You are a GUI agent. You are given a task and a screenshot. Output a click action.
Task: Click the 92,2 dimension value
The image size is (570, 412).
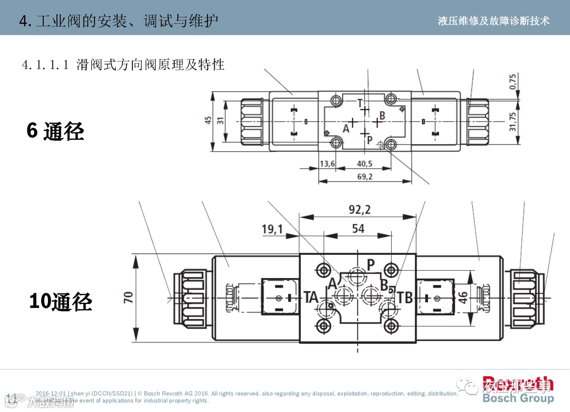pos(359,209)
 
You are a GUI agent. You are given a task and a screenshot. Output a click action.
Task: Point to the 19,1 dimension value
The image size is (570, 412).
pos(272,229)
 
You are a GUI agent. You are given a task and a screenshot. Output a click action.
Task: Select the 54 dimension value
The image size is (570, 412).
pos(358,228)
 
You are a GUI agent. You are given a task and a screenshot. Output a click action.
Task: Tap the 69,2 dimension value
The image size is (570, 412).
pos(365,177)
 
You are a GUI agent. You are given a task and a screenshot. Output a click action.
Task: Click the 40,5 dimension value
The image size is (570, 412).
pos(365,164)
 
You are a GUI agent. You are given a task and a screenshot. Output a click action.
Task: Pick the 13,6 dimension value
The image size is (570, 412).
pos(327,164)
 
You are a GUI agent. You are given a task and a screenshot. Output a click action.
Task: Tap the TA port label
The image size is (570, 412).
pos(311,298)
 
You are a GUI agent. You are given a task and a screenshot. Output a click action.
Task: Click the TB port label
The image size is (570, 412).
pos(405,298)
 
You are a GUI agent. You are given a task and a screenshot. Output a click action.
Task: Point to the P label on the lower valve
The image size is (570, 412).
pos(370,264)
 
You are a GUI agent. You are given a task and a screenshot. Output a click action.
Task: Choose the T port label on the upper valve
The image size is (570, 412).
pos(360,103)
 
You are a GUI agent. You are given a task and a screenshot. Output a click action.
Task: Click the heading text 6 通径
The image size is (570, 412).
pos(55,130)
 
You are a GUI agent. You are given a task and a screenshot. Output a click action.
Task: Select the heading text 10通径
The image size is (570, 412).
pos(61,302)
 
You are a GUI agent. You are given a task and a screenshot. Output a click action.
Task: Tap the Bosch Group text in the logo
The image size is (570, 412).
pos(518,398)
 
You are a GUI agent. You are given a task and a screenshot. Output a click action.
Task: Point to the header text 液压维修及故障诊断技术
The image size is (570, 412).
pos(493,21)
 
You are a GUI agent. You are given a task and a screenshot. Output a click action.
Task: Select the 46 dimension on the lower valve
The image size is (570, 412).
pos(462,297)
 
